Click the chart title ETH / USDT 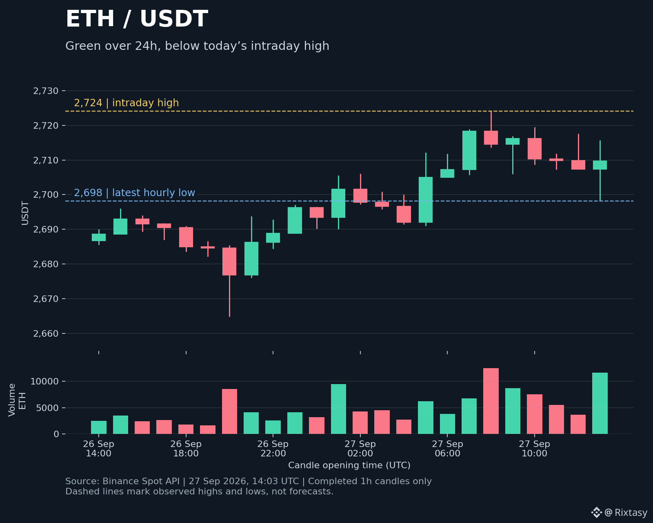click(x=137, y=19)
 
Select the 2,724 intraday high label click(x=126, y=103)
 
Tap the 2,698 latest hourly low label click(x=134, y=193)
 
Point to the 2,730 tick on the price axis click(x=46, y=91)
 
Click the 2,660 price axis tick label click(x=46, y=334)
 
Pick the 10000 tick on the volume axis click(x=44, y=381)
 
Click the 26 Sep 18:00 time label click(x=186, y=449)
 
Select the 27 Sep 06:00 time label click(x=448, y=449)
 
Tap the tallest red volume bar click(x=491, y=401)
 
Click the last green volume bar click(x=600, y=403)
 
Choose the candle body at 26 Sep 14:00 click(x=99, y=237)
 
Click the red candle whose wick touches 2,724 click(x=491, y=138)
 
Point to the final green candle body click(x=600, y=165)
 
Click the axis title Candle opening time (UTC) click(x=349, y=465)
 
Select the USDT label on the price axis click(x=25, y=213)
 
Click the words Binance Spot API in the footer click(x=141, y=481)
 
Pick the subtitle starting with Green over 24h click(x=197, y=46)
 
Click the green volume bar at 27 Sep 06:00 click(x=448, y=424)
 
